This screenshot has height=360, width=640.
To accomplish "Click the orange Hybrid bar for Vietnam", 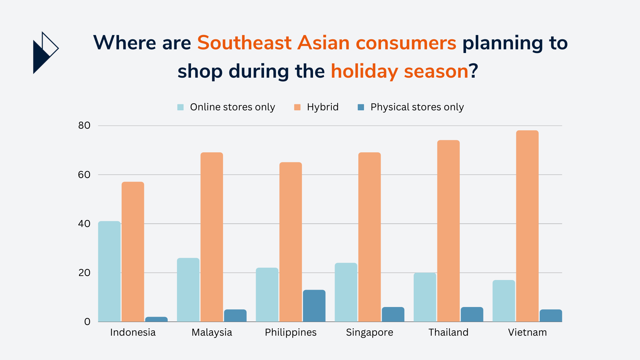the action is (527, 226).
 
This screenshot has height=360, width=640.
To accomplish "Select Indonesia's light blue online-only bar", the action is (109, 271).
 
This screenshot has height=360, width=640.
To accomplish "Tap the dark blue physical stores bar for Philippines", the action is (314, 306).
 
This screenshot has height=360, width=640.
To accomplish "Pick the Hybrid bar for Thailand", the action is (448, 231).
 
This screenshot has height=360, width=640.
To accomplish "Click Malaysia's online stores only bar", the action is (188, 290).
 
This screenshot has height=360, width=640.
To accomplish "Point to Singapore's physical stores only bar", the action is (393, 314).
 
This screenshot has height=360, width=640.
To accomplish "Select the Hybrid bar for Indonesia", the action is (133, 252).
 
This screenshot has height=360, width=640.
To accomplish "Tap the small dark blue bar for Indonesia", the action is (156, 319).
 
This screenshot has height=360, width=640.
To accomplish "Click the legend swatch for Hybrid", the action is (297, 107).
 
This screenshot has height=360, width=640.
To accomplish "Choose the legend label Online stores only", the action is (233, 107).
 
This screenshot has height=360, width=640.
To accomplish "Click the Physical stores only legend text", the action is (417, 107).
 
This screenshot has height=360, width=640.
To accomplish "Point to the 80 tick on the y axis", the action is (84, 125).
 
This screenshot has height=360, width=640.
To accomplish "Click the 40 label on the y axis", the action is (84, 224).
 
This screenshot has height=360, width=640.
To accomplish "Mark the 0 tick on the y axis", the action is (87, 322).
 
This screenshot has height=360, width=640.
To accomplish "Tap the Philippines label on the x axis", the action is (291, 332).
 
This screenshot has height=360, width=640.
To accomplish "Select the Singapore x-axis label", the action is (370, 332).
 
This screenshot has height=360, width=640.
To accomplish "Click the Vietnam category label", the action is (527, 332).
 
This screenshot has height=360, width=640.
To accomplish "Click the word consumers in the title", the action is (406, 43).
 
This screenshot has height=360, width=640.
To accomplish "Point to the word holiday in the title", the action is (364, 71).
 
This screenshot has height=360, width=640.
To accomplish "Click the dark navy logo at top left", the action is (46, 53).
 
